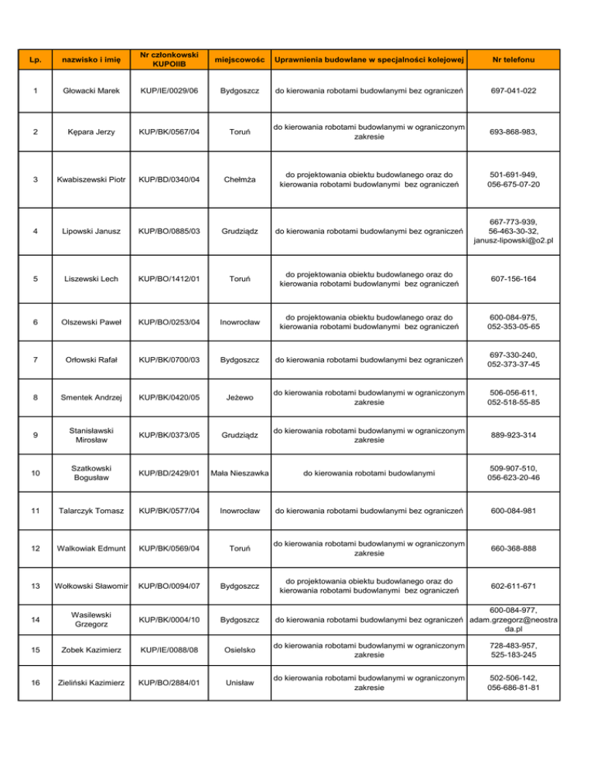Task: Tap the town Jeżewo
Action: (239, 402)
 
